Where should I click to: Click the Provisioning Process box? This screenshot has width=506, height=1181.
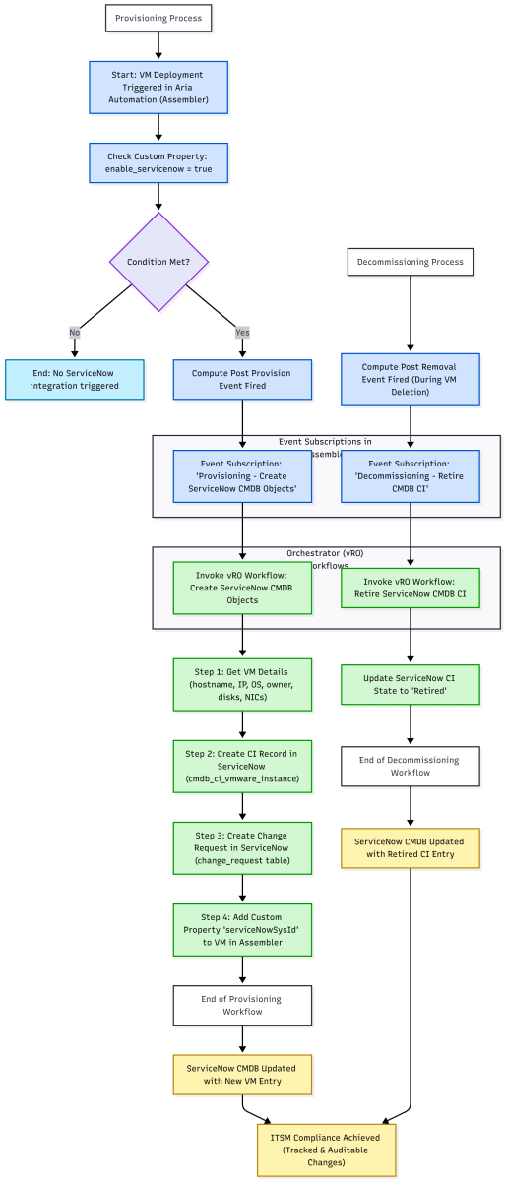click(158, 18)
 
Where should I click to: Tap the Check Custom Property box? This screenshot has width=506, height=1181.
click(158, 163)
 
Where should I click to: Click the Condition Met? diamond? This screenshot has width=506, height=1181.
click(158, 261)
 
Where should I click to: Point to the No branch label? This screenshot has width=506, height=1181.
click(74, 333)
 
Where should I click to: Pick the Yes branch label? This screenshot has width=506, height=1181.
click(242, 333)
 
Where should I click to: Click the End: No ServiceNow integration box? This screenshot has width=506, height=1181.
click(75, 379)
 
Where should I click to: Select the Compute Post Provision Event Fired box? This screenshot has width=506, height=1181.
click(242, 379)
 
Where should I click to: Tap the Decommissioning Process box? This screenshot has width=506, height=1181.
click(411, 262)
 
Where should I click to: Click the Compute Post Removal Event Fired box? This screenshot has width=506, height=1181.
click(411, 380)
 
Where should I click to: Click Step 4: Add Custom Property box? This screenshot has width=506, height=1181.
click(242, 928)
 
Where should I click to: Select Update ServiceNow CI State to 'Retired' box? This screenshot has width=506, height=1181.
click(411, 685)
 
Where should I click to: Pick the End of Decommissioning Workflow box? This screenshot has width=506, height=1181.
click(411, 766)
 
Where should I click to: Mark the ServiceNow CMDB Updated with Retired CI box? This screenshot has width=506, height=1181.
click(411, 849)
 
